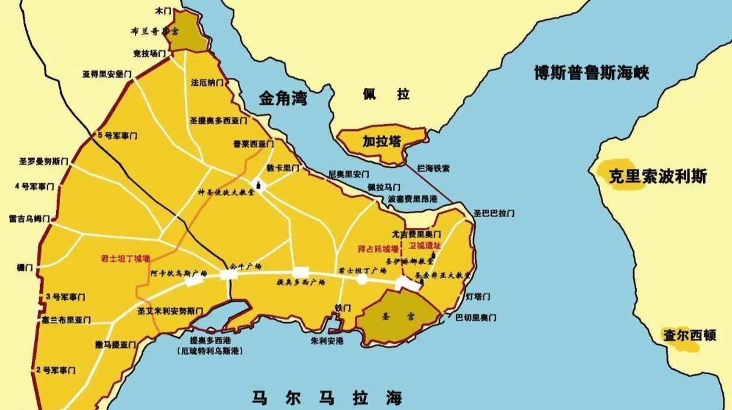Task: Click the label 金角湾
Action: (283, 98)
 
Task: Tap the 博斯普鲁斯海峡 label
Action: (591, 73)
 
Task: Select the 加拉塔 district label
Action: (381, 142)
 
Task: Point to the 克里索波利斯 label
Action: (657, 176)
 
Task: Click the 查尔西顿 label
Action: (689, 335)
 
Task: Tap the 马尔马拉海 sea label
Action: (327, 398)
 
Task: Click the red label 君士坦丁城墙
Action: (125, 258)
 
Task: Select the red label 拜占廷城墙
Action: (378, 248)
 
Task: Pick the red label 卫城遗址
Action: (425, 245)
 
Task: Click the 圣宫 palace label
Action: (398, 315)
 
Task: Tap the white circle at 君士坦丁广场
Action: (361, 280)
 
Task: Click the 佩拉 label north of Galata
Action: (386, 94)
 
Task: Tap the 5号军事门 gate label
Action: (117, 136)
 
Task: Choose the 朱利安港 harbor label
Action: (327, 341)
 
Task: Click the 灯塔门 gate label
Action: (478, 297)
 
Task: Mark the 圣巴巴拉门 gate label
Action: (494, 213)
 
